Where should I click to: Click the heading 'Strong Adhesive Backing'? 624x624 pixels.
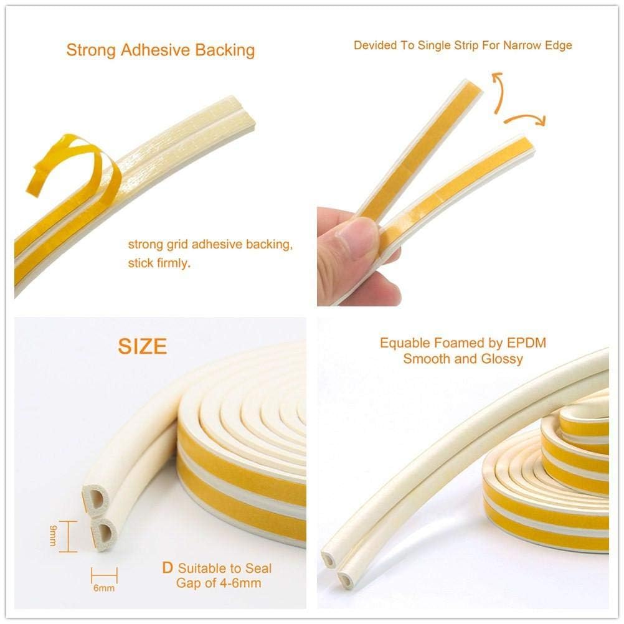point(161,50)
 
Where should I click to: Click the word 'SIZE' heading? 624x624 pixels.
point(143,346)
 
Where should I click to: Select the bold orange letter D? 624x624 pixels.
point(167,567)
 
